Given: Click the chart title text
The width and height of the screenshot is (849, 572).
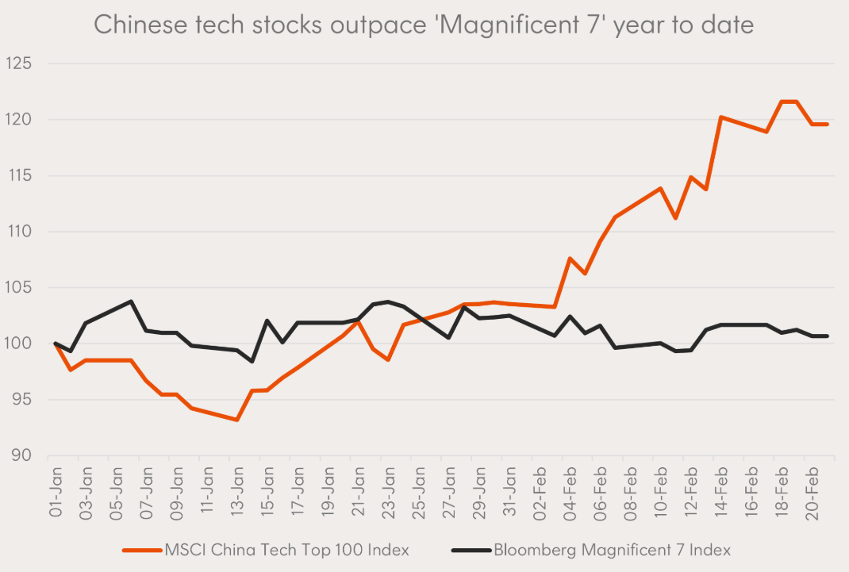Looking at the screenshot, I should [424, 25].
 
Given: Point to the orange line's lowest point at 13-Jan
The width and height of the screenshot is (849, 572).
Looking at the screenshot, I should [236, 419].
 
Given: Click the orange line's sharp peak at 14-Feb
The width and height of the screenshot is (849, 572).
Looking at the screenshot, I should [721, 117].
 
